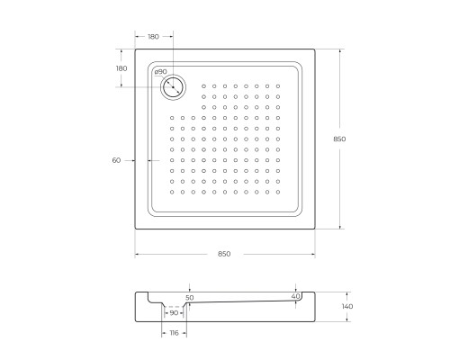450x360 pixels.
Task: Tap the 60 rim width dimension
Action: pos(116,160)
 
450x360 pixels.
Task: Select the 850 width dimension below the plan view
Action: pos(224,254)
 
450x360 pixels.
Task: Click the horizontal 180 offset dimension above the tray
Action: pos(152,37)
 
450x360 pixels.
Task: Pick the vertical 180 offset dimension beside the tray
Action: pos(121,68)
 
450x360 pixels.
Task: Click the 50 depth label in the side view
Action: pos(189,296)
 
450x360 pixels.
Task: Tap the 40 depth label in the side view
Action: pos(295,296)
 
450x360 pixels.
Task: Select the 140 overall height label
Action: pos(348,307)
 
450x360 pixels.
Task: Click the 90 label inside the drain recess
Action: pos(174,312)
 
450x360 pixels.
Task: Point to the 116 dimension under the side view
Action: pos(174,334)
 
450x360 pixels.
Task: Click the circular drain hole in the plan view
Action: pos(172,86)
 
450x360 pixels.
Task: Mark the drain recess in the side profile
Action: pos(174,308)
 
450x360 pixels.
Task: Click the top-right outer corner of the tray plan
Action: pos(314,49)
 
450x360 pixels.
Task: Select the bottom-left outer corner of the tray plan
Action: pos(135,229)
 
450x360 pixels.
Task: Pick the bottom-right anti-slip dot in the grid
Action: pos(278,192)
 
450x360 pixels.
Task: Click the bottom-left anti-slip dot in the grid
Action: pos(172,192)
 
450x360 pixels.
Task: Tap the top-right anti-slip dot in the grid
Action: pos(278,86)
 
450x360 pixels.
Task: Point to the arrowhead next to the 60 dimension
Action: pos(137,160)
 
